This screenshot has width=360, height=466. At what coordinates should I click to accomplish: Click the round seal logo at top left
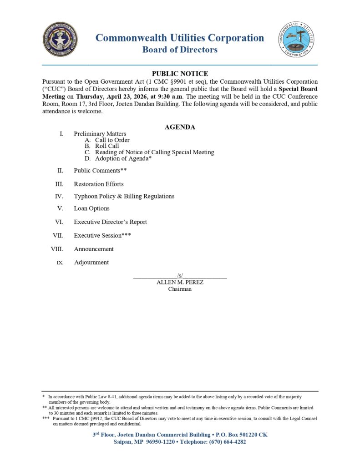(60, 39)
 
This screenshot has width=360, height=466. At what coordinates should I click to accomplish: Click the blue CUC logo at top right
(297, 39)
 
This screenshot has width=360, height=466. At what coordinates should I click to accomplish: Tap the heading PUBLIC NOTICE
(180, 74)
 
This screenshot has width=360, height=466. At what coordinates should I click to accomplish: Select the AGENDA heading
(180, 127)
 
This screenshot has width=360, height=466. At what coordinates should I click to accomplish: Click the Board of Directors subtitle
(180, 50)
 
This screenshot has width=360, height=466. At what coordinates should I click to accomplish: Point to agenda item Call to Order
(112, 140)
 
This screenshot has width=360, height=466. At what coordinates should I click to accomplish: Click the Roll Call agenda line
(107, 146)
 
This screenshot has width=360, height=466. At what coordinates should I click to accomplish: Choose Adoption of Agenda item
(123, 158)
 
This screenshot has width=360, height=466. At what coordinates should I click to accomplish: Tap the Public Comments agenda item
(100, 171)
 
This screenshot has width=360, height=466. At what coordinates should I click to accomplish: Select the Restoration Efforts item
(98, 184)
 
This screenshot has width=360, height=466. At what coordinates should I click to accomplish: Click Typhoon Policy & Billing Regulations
(124, 196)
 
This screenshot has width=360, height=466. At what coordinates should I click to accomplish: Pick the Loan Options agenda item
(91, 208)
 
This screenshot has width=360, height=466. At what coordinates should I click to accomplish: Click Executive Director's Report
(110, 222)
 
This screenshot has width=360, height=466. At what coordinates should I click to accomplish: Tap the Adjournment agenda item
(91, 262)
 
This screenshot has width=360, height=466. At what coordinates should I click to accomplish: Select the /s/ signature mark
(180, 275)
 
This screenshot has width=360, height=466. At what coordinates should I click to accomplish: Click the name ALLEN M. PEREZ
(180, 282)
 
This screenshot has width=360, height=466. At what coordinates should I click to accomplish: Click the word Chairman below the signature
(180, 289)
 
